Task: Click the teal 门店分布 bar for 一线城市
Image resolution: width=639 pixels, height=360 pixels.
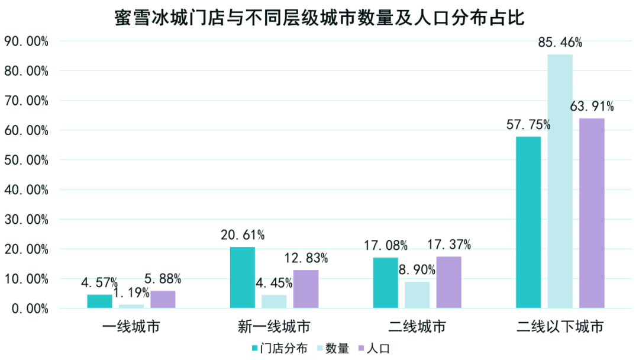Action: tap(99, 301)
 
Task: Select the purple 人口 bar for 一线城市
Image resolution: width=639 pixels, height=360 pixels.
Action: tap(163, 299)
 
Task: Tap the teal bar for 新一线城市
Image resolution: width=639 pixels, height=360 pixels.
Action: tap(243, 277)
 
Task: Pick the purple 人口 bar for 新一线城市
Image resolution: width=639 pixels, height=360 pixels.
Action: tap(306, 289)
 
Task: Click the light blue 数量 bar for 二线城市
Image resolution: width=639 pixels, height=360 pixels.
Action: tap(417, 294)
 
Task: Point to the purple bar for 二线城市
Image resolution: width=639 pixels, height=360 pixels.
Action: tap(449, 282)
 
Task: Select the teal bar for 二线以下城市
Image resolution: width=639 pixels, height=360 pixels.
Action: tap(528, 222)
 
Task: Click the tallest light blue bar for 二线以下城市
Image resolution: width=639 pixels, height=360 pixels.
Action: tap(560, 181)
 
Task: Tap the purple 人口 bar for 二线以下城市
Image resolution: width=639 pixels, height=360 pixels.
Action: tap(592, 213)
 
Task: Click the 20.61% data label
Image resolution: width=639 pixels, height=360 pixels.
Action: tap(243, 235)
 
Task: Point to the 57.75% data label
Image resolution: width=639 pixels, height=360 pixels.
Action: tap(528, 124)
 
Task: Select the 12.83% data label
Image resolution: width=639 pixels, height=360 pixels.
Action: tap(306, 258)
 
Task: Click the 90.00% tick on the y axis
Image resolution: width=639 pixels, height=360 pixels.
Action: tap(26, 41)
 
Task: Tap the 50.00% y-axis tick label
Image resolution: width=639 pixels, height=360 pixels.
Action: tap(26, 160)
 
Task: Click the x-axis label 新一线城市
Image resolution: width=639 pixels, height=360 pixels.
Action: tap(275, 327)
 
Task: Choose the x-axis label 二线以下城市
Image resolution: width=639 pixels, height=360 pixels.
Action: tap(560, 327)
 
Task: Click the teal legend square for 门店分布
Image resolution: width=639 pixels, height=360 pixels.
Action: tap(255, 348)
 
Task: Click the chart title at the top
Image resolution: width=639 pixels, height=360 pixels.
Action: tap(319, 18)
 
